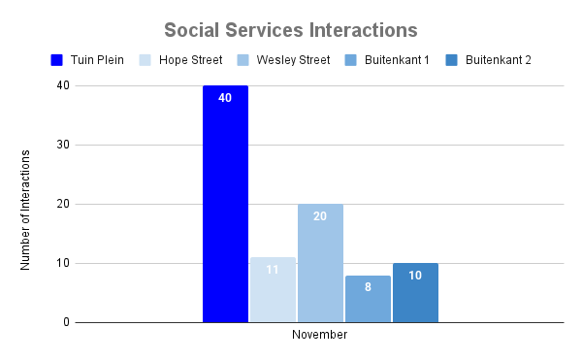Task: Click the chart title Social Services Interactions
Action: click(291, 29)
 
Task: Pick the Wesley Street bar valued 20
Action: click(320, 263)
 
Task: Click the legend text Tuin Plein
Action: click(97, 60)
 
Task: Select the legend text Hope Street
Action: click(190, 60)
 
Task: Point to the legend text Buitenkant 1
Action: click(400, 60)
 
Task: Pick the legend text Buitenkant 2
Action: click(498, 60)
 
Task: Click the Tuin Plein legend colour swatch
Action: click(57, 60)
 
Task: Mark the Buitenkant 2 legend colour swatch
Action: click(452, 60)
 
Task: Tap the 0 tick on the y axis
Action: click(64, 322)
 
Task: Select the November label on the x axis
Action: click(320, 335)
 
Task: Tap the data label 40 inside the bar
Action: click(225, 98)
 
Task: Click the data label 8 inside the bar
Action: click(368, 287)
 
